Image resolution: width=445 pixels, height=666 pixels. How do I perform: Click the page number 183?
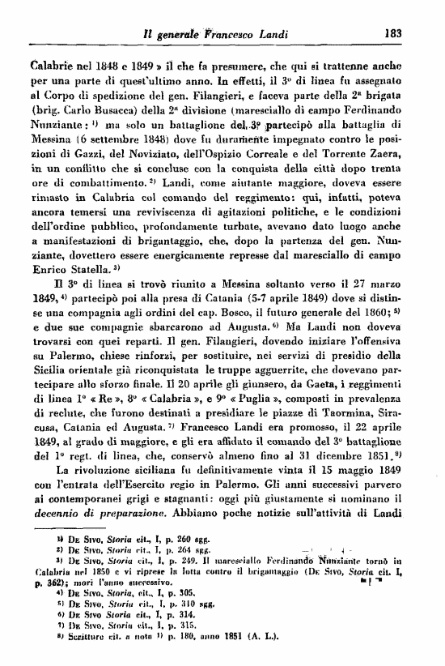394,34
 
